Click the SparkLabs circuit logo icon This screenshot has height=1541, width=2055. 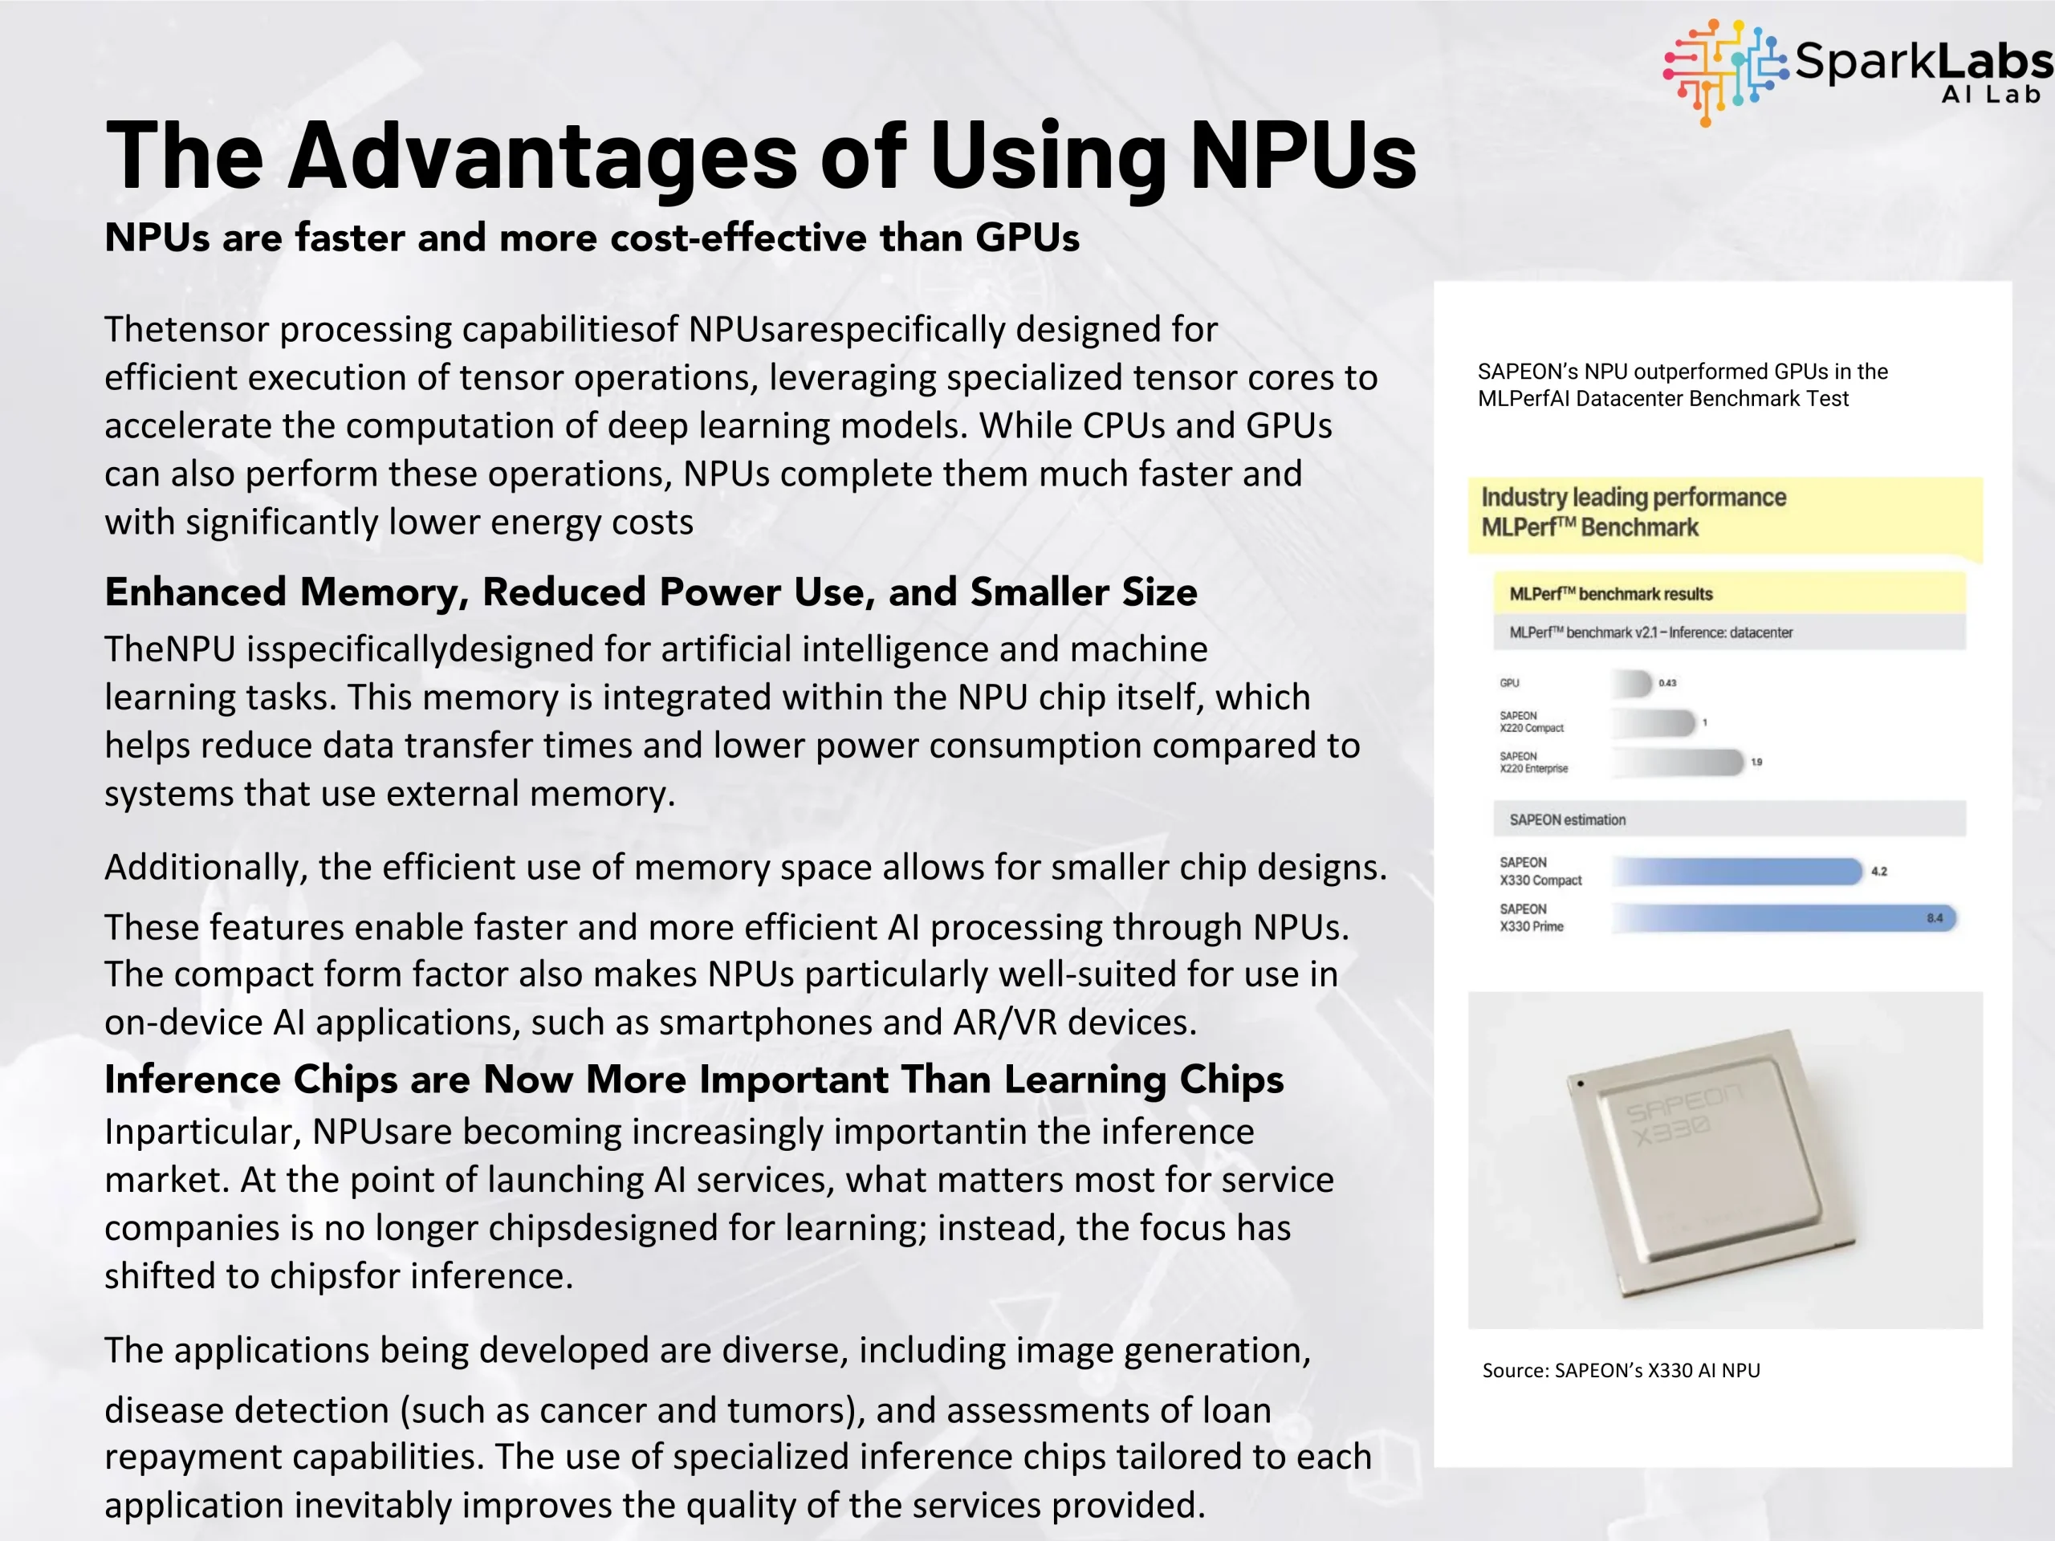[x=1724, y=71]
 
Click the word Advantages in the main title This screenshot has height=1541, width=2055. [x=543, y=155]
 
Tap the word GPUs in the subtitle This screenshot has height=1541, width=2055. [x=1027, y=238]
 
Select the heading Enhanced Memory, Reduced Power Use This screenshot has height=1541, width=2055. [x=650, y=592]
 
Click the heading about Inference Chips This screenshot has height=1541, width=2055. [x=693, y=1080]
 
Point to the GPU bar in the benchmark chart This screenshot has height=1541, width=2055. [x=1632, y=684]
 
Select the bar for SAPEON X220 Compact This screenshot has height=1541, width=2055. [x=1654, y=722]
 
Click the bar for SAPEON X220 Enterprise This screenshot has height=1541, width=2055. [x=1678, y=762]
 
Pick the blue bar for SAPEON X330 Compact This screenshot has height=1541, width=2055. [x=1737, y=872]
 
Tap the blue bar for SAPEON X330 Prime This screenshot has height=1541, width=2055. [x=1784, y=917]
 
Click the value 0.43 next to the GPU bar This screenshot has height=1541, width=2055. [x=1667, y=684]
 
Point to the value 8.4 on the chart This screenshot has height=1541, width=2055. [x=1935, y=917]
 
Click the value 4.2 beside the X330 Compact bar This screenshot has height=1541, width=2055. [x=1878, y=872]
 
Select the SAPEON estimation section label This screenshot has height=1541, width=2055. [x=1567, y=820]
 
